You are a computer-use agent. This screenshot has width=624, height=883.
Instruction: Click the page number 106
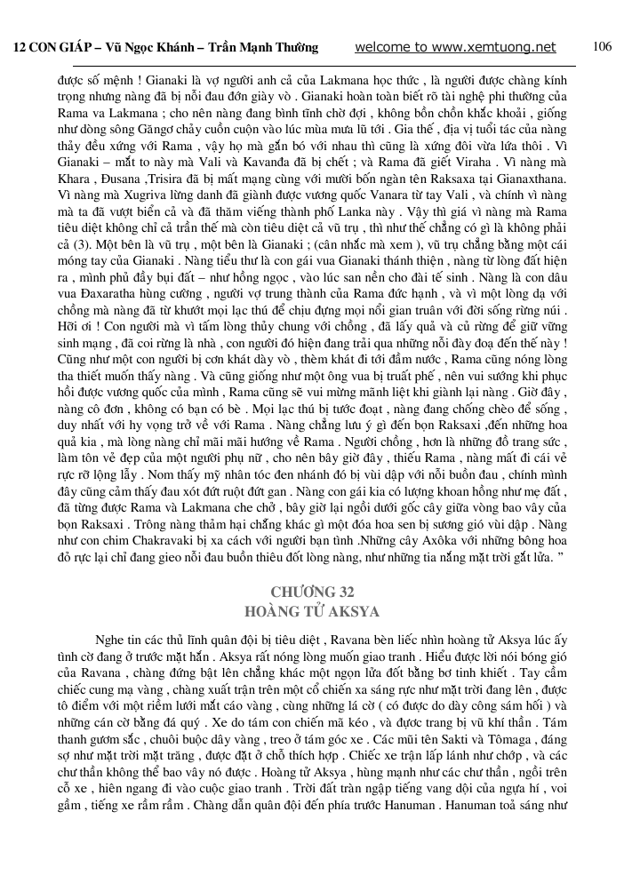tap(602, 47)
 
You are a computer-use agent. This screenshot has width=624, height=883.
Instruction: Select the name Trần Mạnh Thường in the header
tap(272, 48)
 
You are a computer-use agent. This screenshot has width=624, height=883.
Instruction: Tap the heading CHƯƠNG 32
tap(311, 593)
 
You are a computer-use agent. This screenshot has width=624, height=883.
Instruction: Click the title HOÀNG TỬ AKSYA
tap(311, 612)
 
